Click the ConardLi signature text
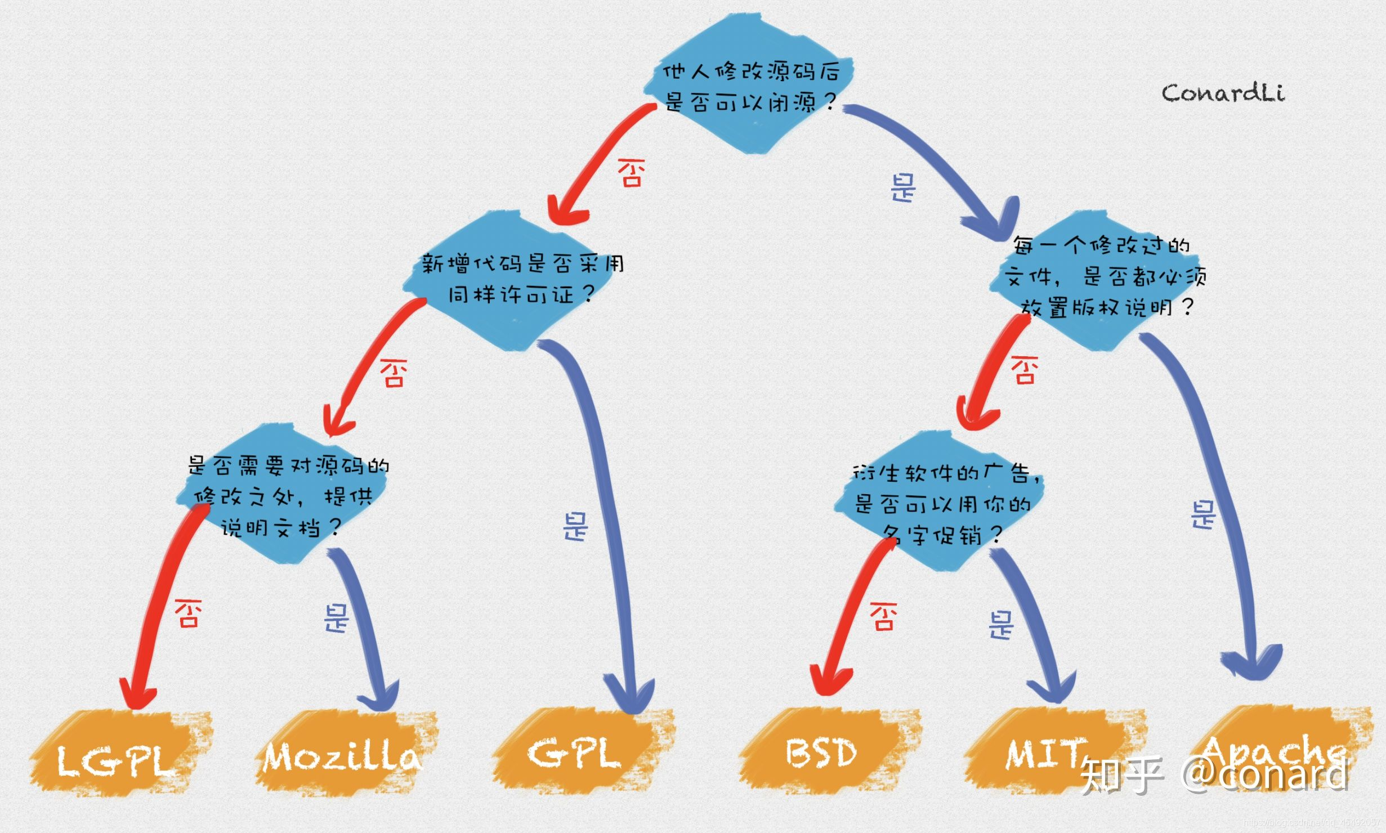coord(1223,93)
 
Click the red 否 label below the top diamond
coord(631,172)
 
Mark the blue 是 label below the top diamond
coord(904,187)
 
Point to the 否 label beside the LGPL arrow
coord(187,613)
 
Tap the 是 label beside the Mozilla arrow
coord(336,619)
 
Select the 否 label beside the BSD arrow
coord(883,616)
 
